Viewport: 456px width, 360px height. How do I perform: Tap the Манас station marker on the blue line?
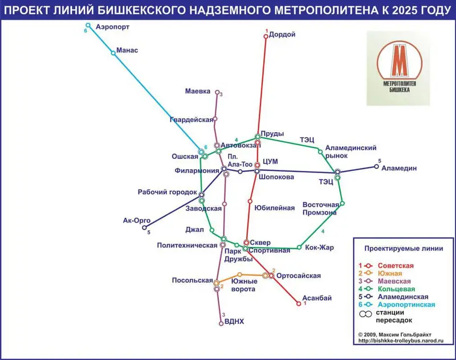tap(113, 53)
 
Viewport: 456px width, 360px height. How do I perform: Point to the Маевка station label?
tap(198, 91)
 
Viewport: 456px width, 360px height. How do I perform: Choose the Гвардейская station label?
tap(191, 120)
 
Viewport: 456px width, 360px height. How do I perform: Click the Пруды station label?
tap(273, 134)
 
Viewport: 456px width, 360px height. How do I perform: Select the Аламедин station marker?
tap(377, 167)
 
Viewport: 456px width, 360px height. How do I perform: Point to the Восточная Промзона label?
tap(319, 208)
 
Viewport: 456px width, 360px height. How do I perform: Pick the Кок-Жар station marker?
tap(299, 247)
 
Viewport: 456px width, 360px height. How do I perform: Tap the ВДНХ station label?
tap(235, 322)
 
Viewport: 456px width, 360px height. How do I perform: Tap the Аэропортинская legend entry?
tap(402, 305)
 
